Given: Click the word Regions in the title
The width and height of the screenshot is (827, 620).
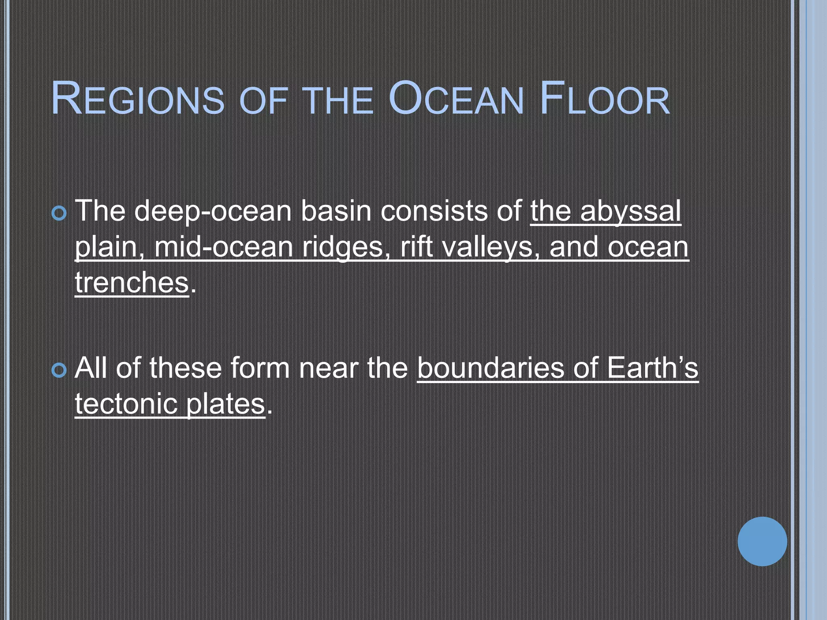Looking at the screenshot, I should pyautogui.click(x=138, y=99).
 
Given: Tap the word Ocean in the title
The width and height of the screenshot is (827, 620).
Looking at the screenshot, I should pyautogui.click(x=456, y=99).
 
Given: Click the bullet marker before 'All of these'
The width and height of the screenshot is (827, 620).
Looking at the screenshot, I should pyautogui.click(x=59, y=370).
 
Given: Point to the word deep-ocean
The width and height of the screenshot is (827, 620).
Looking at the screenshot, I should pyautogui.click(x=212, y=212).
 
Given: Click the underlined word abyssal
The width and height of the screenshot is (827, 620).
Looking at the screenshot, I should pyautogui.click(x=630, y=212).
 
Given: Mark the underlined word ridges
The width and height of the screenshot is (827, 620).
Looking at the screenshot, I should pyautogui.click(x=346, y=247).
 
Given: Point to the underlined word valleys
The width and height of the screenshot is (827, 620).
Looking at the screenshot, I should pyautogui.click(x=491, y=247).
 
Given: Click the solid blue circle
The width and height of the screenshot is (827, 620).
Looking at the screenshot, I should pyautogui.click(x=762, y=541).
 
